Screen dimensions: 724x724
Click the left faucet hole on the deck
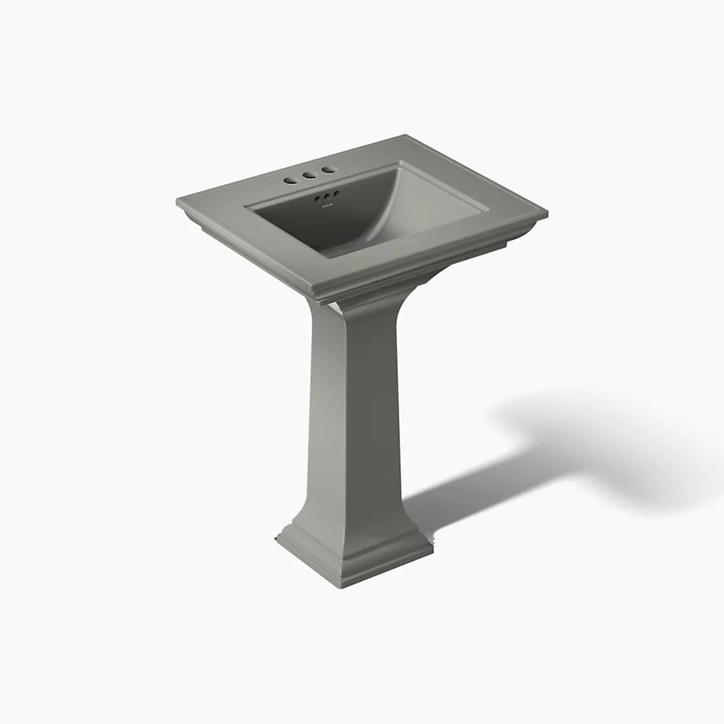(291, 177)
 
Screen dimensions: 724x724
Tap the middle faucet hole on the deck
(310, 175)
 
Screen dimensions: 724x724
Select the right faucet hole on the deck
(328, 171)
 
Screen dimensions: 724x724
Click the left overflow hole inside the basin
(317, 196)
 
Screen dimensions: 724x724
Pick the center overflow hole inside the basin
(327, 195)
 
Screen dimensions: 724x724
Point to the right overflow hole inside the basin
(336, 194)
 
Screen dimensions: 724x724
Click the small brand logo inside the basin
(328, 205)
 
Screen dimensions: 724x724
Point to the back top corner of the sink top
(403, 136)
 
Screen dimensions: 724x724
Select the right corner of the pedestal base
(433, 543)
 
